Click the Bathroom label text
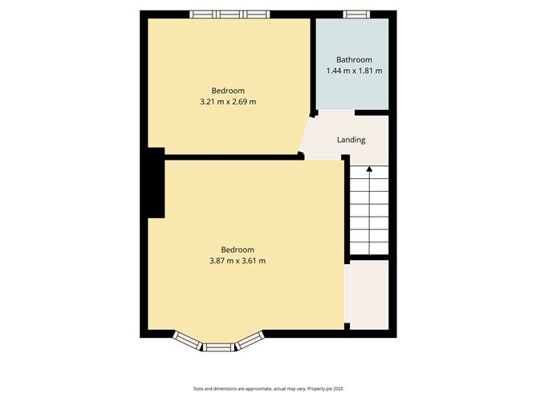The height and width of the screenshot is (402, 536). click(x=354, y=59)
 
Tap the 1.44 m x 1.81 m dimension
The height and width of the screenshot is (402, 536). click(x=354, y=71)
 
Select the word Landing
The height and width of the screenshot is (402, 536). click(x=351, y=140)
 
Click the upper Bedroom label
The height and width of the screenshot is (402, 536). click(x=228, y=90)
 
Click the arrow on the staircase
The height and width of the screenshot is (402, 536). click(x=369, y=171)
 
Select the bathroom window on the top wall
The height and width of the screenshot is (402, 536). click(x=355, y=14)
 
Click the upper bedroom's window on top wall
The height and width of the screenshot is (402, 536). click(x=229, y=14)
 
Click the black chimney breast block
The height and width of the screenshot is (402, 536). click(x=156, y=183)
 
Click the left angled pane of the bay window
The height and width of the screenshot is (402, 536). click(x=185, y=340)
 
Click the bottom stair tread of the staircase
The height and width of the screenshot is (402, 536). click(x=369, y=245)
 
